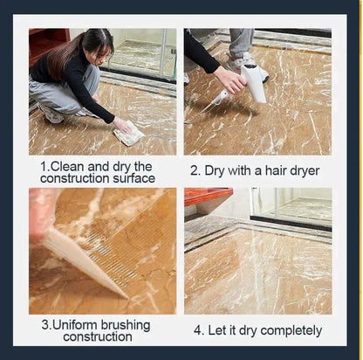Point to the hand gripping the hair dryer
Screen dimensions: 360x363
click(x=231, y=80)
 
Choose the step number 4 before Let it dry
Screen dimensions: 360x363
click(x=197, y=331)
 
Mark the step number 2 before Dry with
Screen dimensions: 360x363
click(x=195, y=171)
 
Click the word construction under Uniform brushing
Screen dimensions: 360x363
click(x=98, y=337)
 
